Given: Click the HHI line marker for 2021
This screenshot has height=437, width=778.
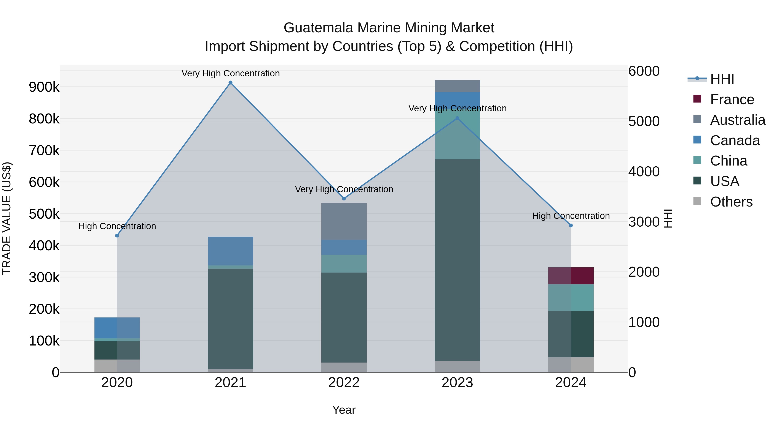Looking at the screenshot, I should coord(230,83).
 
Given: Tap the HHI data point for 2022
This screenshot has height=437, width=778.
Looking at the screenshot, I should coord(344,199).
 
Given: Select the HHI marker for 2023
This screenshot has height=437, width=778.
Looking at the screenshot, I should coord(457,118).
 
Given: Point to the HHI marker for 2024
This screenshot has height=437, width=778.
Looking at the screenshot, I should coord(571,225).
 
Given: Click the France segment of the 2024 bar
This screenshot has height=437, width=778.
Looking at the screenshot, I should coord(571,276).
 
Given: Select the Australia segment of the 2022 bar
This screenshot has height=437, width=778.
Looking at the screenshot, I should coord(344,221).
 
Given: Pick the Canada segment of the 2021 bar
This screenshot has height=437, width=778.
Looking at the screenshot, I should coord(230,251).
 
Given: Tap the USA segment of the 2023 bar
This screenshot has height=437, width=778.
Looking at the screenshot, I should coord(457,259).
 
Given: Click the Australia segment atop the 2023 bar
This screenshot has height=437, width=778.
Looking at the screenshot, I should coord(457,86).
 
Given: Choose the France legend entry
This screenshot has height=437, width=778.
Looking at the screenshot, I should coord(732,99).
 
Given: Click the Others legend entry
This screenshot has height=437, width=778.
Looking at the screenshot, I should coord(731,202).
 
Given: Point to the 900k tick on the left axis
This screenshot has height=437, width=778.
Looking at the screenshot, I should coord(44,87).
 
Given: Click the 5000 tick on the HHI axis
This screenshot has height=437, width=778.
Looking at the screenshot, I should coord(644,121).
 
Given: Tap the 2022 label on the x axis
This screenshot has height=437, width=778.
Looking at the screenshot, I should coord(344,383).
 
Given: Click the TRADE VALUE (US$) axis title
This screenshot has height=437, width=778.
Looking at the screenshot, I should coord(7,218).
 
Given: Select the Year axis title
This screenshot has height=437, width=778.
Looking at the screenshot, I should coord(344,410).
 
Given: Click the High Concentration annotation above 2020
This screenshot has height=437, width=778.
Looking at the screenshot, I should coord(117,226).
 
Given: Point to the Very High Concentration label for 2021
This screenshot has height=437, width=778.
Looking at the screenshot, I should coord(230,73).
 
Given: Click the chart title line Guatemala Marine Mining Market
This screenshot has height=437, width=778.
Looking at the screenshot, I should coord(389,28).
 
